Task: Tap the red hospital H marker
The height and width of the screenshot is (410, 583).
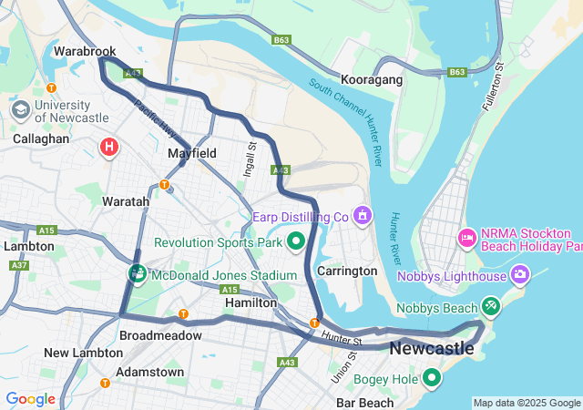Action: point(109,146)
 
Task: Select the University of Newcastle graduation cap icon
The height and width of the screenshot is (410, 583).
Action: point(19,109)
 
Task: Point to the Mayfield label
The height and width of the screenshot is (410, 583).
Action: point(191,154)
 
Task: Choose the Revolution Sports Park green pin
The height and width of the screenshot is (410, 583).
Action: point(295,241)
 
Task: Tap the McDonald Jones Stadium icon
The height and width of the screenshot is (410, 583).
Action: point(138,273)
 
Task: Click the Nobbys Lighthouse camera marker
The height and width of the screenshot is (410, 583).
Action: point(520,273)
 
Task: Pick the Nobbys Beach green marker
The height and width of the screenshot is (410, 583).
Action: point(491,305)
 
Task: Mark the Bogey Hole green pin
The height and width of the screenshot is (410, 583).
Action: point(431,377)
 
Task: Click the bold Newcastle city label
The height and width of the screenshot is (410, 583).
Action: point(432,348)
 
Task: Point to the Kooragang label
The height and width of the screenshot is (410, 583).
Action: point(372,80)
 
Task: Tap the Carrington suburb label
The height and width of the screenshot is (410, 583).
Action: point(347,271)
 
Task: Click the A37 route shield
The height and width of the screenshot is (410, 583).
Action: point(18,265)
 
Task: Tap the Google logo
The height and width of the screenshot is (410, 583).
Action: point(31,398)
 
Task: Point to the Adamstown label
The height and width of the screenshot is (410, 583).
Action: point(149,372)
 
